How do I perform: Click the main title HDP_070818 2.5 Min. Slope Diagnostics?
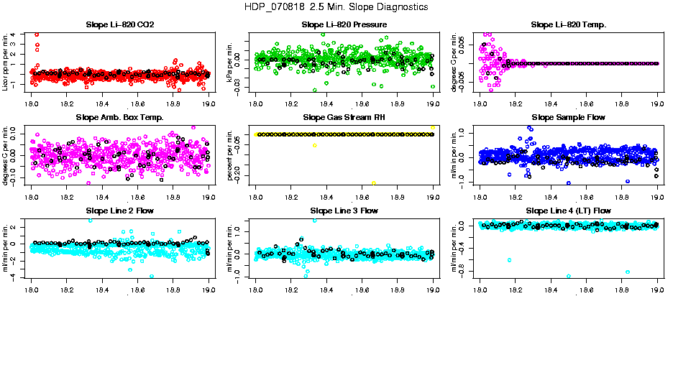pos(336,7)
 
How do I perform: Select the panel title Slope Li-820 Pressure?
pos(344,25)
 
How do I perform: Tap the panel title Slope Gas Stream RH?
pos(344,118)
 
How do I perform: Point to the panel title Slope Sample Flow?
pos(568,118)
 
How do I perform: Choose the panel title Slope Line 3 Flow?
pos(344,211)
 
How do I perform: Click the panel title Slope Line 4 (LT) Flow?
pos(568,211)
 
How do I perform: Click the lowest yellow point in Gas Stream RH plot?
pos(374,183)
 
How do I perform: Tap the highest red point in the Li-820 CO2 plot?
pos(37,34)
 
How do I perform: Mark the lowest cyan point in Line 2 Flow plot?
pos(152,276)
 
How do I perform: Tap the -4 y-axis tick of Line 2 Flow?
pos(24,277)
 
